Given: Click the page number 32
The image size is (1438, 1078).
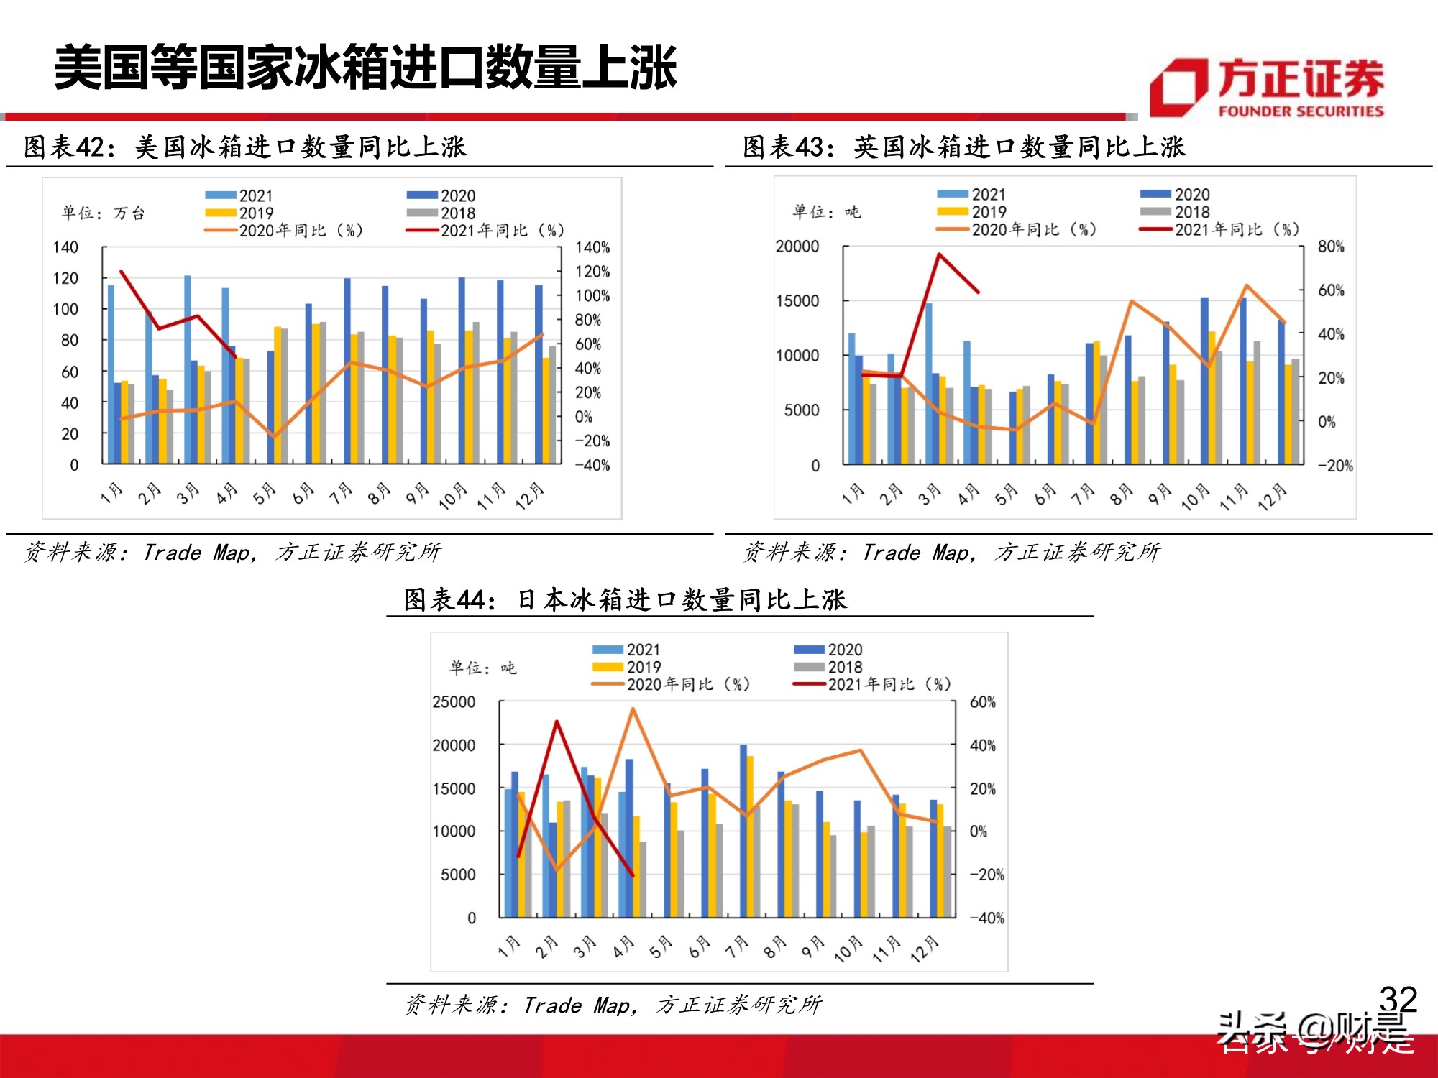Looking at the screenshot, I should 1398,999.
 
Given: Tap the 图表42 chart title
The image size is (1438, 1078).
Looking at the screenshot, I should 244,147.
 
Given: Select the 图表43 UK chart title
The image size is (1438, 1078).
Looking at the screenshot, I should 963,147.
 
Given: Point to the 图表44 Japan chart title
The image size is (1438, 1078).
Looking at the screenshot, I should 625,599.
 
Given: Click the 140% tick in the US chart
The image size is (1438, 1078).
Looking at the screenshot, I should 592,247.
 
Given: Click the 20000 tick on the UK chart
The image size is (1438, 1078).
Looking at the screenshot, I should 797,247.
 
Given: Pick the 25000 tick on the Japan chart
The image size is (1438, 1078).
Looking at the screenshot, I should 454,702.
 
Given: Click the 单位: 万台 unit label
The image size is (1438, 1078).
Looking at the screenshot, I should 104,213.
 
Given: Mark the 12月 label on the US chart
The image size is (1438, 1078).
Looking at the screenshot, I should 530,496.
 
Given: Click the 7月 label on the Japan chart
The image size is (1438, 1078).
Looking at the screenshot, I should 737,948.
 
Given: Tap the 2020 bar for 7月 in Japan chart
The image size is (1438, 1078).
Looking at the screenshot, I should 743,830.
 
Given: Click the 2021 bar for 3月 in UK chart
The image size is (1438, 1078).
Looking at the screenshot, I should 929,383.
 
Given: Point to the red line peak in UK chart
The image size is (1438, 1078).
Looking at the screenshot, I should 939,254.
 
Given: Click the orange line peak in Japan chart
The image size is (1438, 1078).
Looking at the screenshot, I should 633,709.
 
